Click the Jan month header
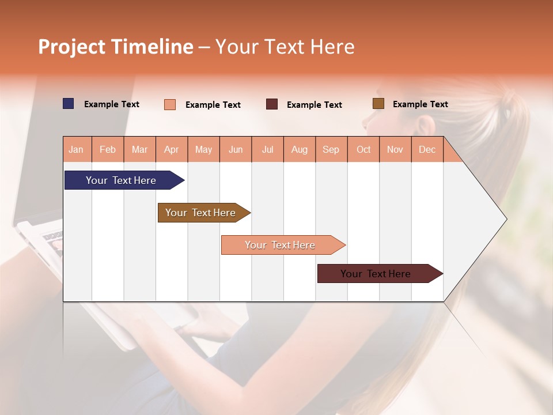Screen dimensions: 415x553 coord(76,150)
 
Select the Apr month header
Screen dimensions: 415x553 coord(172,150)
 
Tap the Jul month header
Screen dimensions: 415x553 coord(267,150)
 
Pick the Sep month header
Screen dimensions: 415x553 coord(331,150)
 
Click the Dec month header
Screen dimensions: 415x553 coord(427,150)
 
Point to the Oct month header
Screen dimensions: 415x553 coord(363,150)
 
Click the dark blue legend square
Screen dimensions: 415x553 coord(69,104)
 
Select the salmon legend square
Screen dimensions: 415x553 coord(170,104)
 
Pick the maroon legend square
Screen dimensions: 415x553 coord(272,104)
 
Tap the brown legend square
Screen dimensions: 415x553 coord(378,104)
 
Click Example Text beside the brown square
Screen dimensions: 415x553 coord(420,104)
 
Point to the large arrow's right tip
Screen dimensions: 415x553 coord(506,219)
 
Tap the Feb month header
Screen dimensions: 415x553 coord(108,150)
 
